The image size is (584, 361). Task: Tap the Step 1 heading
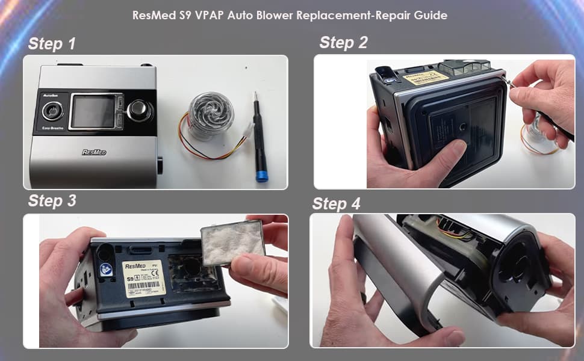click(52, 44)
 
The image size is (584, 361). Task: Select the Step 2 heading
click(343, 42)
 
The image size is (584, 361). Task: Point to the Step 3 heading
click(52, 201)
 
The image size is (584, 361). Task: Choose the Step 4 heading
click(336, 204)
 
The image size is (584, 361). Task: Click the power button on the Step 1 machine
click(52, 111)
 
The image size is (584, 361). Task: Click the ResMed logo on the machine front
click(94, 152)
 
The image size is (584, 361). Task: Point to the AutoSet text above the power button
click(51, 96)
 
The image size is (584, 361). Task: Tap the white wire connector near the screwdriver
click(245, 132)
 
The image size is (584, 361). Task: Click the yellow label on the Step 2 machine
click(426, 76)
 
